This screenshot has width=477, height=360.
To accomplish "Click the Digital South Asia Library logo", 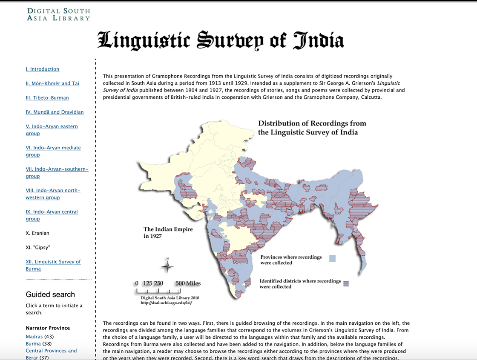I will tap(58, 14).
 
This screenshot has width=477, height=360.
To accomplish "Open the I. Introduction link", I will tap(42, 69).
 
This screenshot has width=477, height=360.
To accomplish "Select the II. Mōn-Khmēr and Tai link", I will tap(52, 83).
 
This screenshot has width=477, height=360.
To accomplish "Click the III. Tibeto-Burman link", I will tap(47, 97).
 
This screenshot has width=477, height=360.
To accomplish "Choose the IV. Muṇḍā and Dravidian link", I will tap(55, 112).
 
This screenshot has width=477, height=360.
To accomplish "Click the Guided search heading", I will tap(50, 294).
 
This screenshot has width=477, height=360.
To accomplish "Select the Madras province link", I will tap(34, 337).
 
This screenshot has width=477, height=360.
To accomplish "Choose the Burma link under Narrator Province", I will tap(33, 344).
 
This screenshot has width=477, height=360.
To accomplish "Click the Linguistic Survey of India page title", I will tap(221, 40).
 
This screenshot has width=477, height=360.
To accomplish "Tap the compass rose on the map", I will tap(167, 266).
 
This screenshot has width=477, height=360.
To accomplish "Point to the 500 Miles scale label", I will tap(188, 283).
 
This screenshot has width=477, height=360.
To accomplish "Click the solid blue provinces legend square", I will tap(333, 258).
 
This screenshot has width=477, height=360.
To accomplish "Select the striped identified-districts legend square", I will tap(346, 283).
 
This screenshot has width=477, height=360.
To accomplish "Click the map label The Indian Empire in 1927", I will tap(168, 232).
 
